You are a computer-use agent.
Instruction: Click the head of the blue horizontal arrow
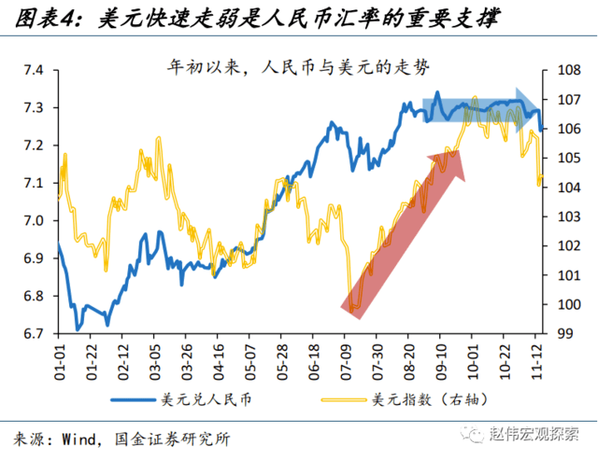click(534, 101)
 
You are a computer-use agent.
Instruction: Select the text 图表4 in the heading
click(47, 18)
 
